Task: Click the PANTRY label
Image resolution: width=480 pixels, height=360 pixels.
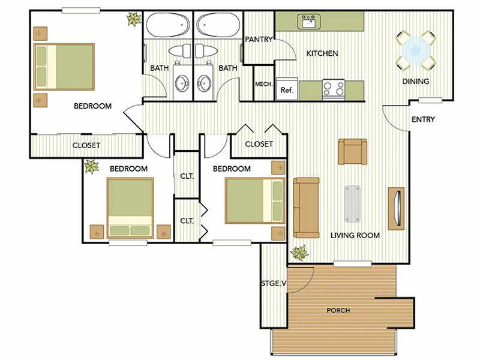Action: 259,40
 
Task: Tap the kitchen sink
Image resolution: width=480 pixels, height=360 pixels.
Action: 309,22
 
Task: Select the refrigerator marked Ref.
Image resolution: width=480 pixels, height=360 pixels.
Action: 287,89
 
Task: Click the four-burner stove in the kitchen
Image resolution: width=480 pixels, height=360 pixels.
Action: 334,89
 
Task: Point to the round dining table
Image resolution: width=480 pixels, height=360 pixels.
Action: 416,50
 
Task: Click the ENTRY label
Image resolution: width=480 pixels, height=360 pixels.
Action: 423,119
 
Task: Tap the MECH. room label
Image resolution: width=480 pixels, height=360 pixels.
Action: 263,84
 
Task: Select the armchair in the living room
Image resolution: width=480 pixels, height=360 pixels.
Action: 352,152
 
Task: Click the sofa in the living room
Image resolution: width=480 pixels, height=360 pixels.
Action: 306,208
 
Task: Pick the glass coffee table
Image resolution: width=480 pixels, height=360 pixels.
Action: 352,203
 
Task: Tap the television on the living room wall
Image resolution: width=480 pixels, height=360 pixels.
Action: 397,208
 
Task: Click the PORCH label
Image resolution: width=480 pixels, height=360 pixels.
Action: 338,310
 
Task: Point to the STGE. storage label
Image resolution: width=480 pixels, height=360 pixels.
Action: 274,283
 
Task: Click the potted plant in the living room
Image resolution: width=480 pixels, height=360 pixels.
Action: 299,253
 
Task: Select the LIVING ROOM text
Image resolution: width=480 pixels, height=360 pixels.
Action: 355,235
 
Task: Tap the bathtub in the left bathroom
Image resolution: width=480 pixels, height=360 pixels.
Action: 167,25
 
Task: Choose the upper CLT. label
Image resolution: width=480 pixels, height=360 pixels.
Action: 187,176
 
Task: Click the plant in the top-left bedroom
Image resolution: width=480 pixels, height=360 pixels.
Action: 134,19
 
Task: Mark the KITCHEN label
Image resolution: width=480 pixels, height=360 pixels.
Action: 322,53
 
